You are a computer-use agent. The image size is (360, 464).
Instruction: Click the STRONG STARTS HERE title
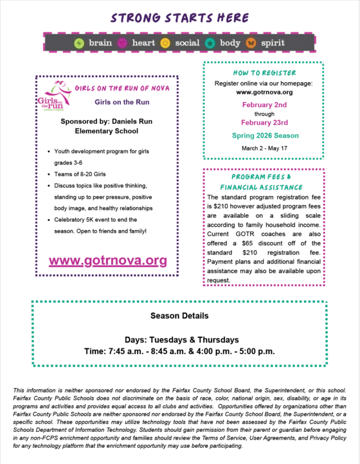tap(179, 17)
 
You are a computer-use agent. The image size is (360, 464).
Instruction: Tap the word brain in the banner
tap(100, 43)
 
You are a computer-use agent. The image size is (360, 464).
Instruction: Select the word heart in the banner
tap(143, 43)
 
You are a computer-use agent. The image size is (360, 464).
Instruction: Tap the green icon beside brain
tap(79, 43)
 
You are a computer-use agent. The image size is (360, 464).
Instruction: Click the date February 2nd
tap(264, 104)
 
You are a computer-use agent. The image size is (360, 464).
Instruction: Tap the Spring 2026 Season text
tap(264, 136)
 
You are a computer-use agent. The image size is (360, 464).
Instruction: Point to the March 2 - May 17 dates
tap(264, 148)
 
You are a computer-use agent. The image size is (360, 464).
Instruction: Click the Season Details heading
tap(179, 316)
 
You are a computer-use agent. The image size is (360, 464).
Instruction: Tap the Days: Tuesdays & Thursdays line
tap(179, 339)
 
